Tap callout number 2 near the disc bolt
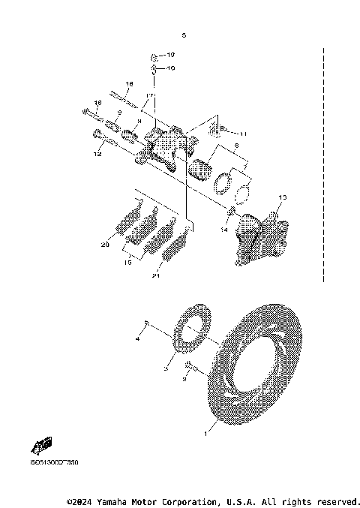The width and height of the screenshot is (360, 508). (183, 380)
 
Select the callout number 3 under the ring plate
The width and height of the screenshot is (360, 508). (166, 369)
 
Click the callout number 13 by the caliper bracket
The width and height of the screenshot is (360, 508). (283, 198)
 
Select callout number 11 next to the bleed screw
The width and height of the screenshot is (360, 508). (242, 133)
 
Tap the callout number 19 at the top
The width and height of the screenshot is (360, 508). (169, 56)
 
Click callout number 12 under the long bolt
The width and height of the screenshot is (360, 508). (97, 154)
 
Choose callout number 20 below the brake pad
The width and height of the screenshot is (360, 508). (106, 245)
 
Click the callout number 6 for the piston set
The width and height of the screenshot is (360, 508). (235, 146)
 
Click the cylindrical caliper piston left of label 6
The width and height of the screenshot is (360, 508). (203, 170)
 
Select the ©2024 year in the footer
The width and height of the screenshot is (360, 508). (81, 501)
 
